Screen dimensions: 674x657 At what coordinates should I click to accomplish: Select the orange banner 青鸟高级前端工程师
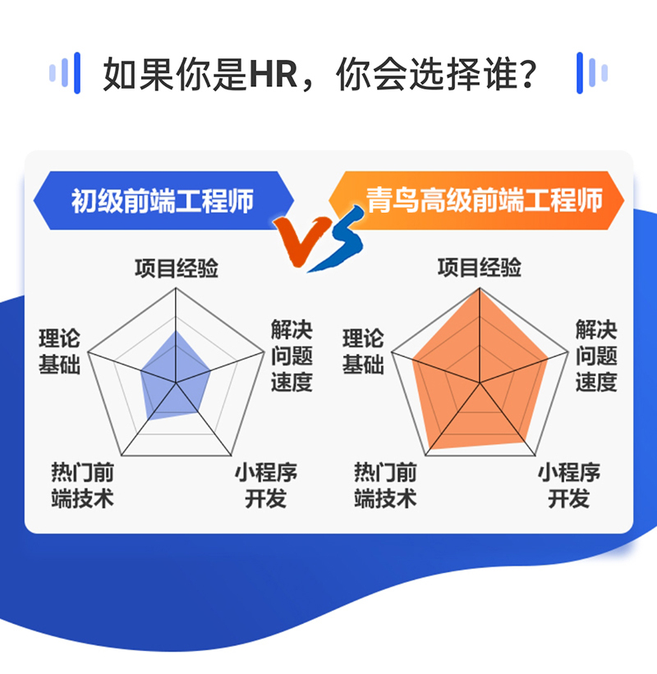(x=485, y=199)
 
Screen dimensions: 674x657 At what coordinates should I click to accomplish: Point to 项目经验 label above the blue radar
(x=177, y=268)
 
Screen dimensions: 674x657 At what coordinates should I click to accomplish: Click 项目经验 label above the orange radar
(x=480, y=268)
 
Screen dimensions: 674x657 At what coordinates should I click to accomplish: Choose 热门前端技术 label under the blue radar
(x=82, y=485)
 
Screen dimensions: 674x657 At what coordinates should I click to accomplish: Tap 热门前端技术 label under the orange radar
(x=385, y=485)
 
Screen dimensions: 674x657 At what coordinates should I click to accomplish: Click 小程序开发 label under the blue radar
(x=265, y=485)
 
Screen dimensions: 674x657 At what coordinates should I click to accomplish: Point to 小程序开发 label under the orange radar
(x=569, y=485)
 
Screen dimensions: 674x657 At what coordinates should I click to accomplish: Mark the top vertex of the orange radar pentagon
(x=479, y=288)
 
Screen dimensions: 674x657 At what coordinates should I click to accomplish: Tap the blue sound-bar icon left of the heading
(x=65, y=74)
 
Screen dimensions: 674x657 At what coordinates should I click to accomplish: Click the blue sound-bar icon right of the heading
(x=591, y=74)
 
